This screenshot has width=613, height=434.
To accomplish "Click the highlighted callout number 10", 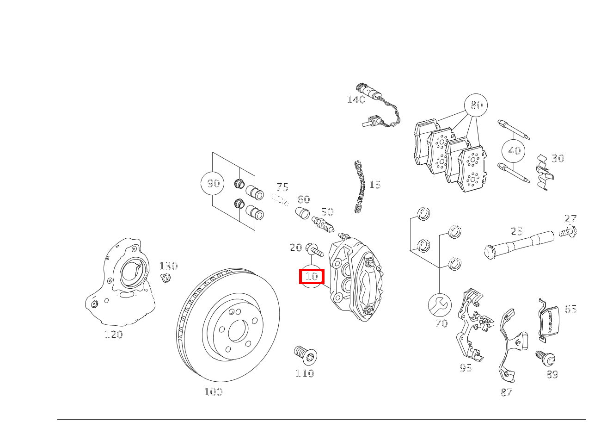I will pyautogui.click(x=312, y=277).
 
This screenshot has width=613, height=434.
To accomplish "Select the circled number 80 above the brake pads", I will pyautogui.click(x=476, y=105).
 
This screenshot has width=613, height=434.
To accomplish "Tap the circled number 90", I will pyautogui.click(x=213, y=184).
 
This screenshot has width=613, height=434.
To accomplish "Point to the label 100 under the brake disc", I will pyautogui.click(x=213, y=392).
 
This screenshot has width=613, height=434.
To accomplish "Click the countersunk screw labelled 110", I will pyautogui.click(x=306, y=355).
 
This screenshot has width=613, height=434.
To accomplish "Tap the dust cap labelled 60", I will pyautogui.click(x=302, y=214).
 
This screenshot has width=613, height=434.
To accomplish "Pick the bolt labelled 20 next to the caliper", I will pyautogui.click(x=314, y=250).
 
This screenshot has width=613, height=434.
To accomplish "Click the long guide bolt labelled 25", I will pyautogui.click(x=518, y=244).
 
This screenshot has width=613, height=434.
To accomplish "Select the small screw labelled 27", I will pyautogui.click(x=568, y=232).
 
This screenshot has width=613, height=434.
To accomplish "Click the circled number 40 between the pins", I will pyautogui.click(x=514, y=151).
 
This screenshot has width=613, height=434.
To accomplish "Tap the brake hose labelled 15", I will pyautogui.click(x=360, y=187).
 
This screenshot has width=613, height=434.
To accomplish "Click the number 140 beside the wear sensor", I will pyautogui.click(x=356, y=99).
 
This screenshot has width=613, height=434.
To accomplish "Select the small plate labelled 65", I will pyautogui.click(x=549, y=321).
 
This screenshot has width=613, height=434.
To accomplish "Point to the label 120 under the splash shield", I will pyautogui.click(x=113, y=335).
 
